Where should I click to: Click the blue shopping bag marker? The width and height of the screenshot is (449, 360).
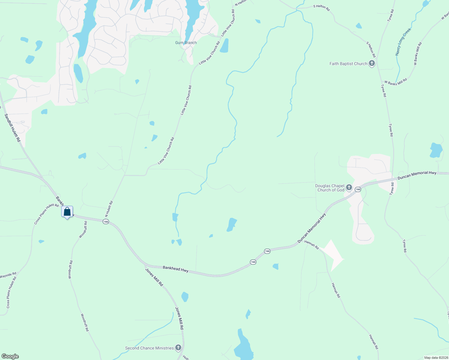[67, 212]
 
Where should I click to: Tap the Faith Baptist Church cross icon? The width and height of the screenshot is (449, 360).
[372, 64]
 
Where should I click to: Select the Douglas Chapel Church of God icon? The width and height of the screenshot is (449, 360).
[349, 188]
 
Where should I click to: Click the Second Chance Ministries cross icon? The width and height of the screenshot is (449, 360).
[178, 348]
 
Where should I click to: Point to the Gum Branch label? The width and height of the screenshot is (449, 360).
[186, 43]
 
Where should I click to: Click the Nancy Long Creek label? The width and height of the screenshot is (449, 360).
[403, 42]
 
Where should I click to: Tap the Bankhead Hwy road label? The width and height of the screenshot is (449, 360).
[176, 269]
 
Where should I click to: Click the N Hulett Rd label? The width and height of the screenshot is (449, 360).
[109, 209]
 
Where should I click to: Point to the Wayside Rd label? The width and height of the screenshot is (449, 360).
[8, 275]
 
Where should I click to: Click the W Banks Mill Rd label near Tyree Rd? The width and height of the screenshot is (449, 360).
[396, 82]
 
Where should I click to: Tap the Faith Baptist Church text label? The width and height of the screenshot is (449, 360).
[348, 64]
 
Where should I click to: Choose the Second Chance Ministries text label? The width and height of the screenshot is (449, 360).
[149, 348]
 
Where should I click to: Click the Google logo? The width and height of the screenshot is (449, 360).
[10, 356]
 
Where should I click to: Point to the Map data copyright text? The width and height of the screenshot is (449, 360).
[436, 358]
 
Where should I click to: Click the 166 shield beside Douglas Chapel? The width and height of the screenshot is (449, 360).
[358, 189]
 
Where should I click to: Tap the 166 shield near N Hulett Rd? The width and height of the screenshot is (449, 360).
[105, 222]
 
